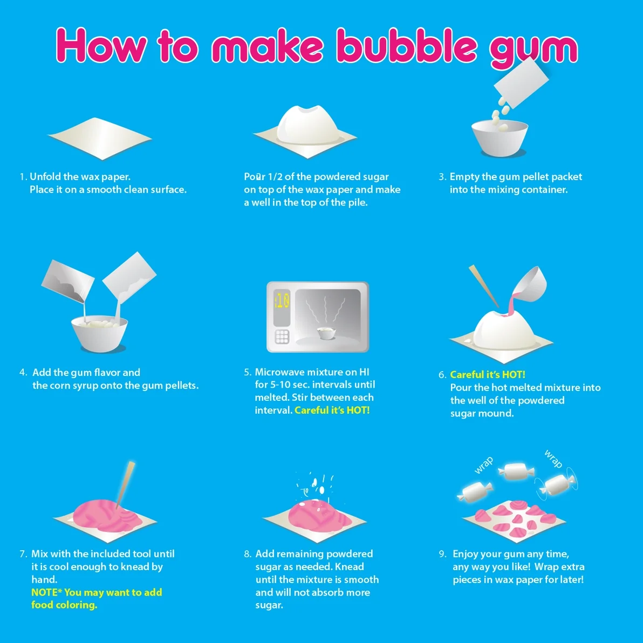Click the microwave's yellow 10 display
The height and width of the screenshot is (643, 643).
point(282,302)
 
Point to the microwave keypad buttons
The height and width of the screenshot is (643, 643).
point(282,337)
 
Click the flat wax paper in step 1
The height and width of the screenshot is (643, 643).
point(100,138)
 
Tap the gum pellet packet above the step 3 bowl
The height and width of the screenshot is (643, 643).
point(521,83)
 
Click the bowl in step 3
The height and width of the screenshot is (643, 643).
point(500,138)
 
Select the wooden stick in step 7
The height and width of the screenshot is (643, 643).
point(125,484)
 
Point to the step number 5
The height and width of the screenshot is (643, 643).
point(247,372)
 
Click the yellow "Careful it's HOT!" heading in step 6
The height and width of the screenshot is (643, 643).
point(488,374)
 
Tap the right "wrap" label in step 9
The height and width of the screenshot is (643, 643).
point(553,459)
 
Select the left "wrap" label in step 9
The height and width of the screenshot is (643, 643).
point(484,466)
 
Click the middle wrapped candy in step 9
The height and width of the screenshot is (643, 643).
point(516,471)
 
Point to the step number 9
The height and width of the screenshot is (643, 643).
point(442,554)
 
